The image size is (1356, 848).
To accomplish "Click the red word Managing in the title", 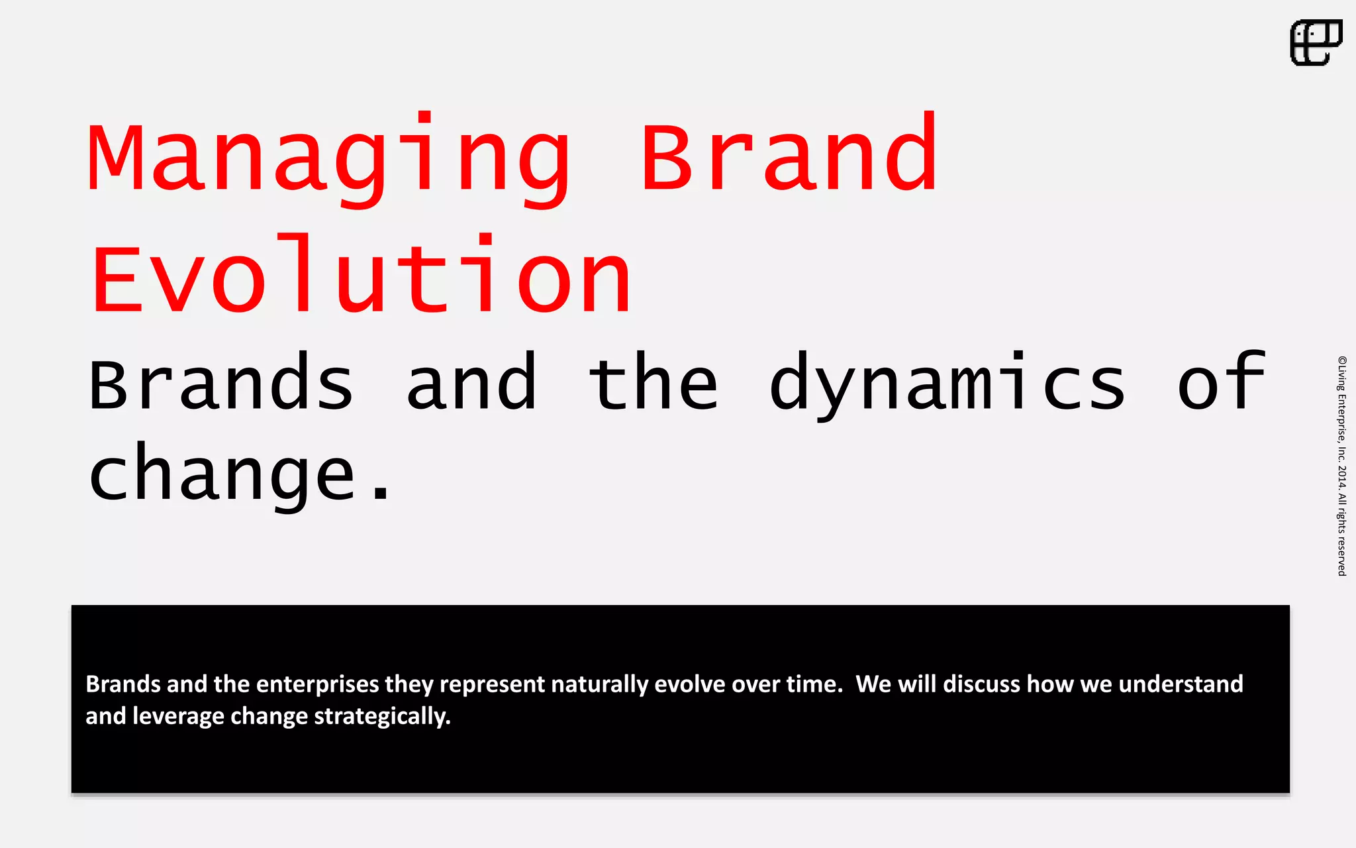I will coord(328,159).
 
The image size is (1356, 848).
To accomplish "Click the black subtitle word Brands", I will coord(221,384).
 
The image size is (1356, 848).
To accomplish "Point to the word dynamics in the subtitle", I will coord(947,384).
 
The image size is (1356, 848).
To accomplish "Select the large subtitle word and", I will coord(471,384).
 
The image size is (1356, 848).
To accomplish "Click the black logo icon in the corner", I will coord(1316,42).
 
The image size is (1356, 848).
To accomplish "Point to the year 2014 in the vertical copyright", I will coord(1341,476).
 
